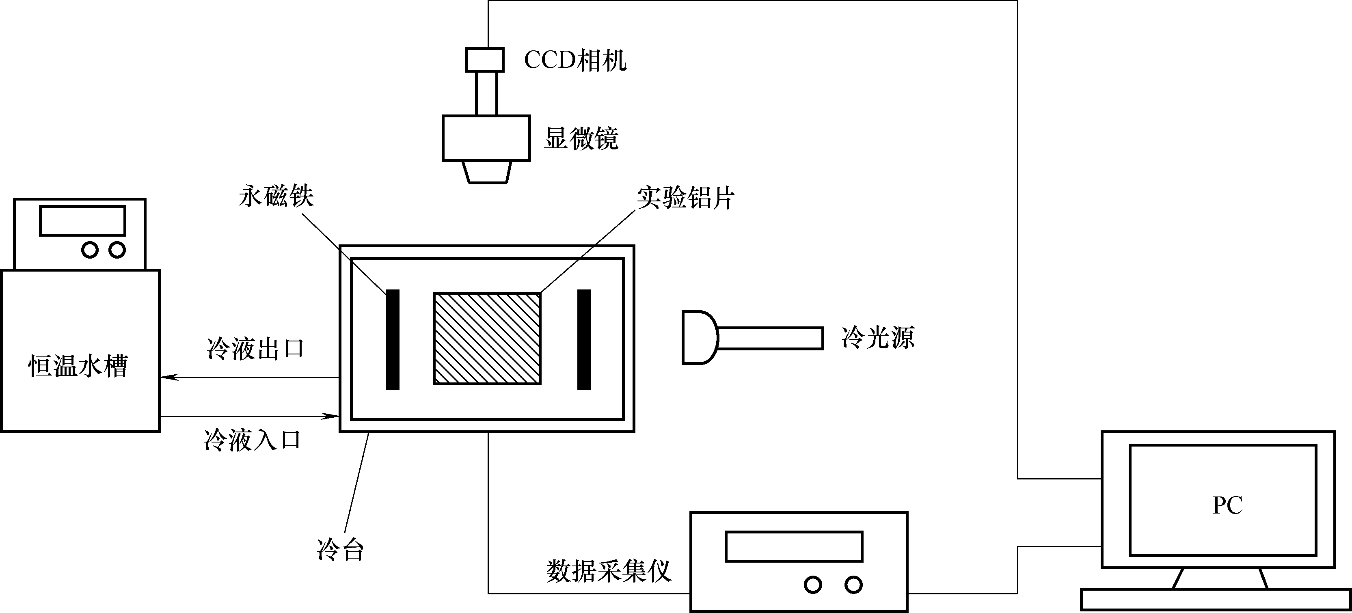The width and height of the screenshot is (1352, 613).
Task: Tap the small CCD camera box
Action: pos(484,60)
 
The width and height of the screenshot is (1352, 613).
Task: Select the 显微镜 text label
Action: pos(581,138)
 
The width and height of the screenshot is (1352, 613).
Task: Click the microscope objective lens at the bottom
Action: pos(486,172)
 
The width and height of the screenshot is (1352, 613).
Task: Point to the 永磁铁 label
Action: pos(276,196)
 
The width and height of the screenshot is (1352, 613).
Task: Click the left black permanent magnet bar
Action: pos(393,339)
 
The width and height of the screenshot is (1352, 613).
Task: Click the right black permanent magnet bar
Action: pos(583,339)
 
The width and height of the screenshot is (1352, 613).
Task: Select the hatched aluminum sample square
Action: pos(486,339)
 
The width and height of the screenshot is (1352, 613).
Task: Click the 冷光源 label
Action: pos(877,337)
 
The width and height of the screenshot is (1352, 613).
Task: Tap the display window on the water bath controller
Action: pos(82,220)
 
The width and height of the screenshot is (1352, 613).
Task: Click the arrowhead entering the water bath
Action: pos(169,377)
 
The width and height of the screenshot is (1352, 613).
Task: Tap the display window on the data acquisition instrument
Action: pos(794,546)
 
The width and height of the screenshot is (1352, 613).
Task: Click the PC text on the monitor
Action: pos(1227,505)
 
